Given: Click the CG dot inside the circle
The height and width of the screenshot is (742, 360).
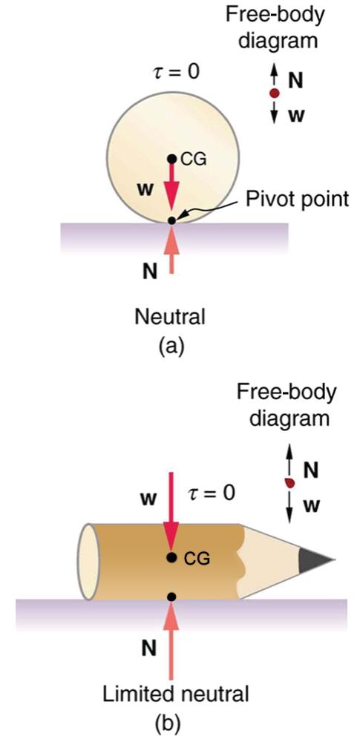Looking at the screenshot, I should [171, 157].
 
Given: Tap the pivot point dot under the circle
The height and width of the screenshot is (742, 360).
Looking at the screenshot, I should [171, 220].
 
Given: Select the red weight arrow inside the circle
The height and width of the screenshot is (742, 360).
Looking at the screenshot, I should [171, 189].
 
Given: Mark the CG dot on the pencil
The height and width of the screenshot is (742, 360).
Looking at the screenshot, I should [171, 557].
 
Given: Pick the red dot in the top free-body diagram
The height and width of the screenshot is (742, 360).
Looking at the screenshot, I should [274, 93].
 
